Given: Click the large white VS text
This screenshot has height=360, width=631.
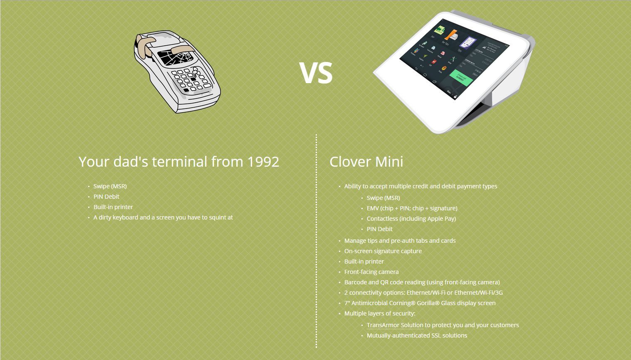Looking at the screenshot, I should click(x=316, y=73).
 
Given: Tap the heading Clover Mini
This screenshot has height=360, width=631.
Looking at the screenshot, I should click(x=366, y=162).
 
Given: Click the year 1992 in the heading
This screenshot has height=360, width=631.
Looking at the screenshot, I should click(x=263, y=162).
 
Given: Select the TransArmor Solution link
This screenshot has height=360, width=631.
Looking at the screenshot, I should click(x=395, y=325).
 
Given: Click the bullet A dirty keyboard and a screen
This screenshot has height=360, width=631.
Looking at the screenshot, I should click(x=163, y=217).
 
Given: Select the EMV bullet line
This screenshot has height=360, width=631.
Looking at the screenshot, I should click(x=412, y=208).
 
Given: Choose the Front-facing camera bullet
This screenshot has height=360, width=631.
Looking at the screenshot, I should click(x=371, y=272).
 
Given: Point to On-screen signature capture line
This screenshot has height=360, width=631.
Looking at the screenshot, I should click(x=383, y=251).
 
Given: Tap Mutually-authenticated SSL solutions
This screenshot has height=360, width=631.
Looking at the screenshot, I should click(x=417, y=335).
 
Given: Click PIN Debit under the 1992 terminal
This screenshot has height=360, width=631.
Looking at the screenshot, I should click(x=106, y=197).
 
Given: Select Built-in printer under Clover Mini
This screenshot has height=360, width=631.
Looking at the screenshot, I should click(x=364, y=261).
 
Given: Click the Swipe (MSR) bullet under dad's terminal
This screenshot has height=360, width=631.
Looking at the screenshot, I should click(x=110, y=186).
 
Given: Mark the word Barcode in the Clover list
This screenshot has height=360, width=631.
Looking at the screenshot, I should click(x=356, y=282).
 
